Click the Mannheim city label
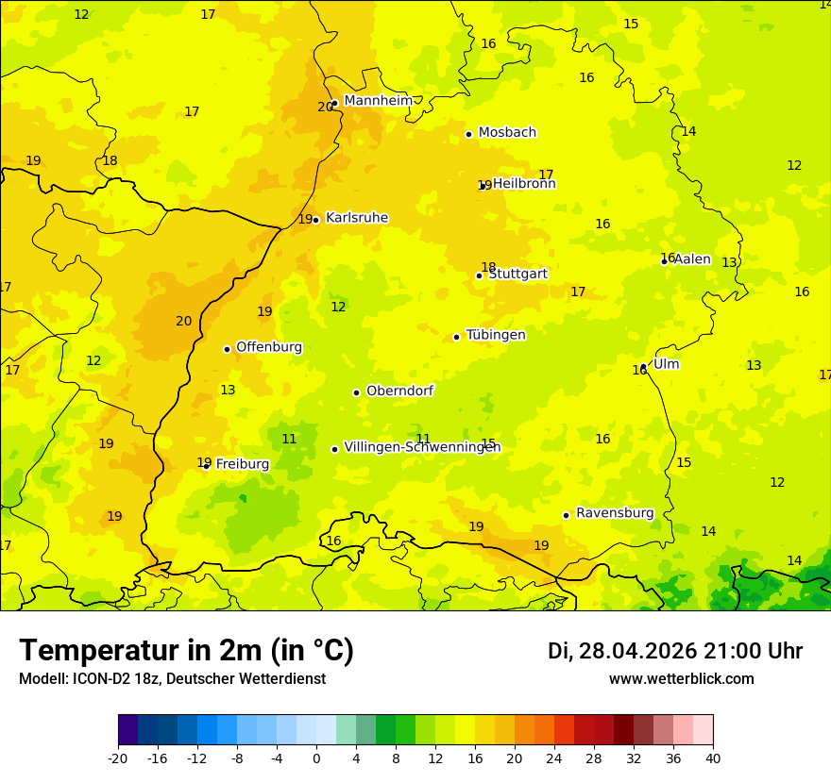pos(379,101)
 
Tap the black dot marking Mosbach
pos(468,134)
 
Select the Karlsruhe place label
pos(357,218)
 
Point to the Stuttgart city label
pos(518,274)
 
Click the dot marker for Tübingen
pos(456,337)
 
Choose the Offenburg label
pos(269,347)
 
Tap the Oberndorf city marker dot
pos(356,392)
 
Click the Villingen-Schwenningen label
pos(422,447)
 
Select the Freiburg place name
pos(243,464)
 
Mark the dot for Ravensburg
pos(566,515)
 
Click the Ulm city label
pos(667,364)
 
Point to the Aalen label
pos(692,259)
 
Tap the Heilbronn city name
pos(524,184)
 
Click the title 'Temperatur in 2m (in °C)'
pos(186,651)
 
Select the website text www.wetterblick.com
pos(681,679)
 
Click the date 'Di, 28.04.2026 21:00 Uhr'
pos(675,651)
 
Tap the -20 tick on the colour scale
pos(118,758)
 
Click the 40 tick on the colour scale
pos(713,758)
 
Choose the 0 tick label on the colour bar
pos(316,758)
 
